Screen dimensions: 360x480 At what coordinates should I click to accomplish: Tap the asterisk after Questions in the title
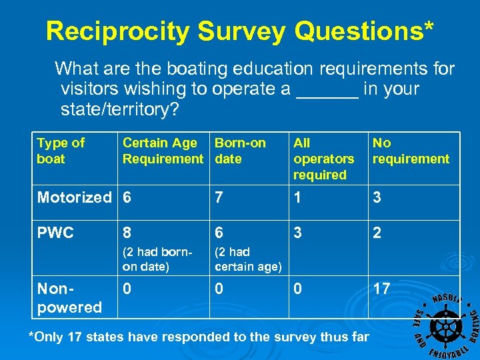pos(427,27)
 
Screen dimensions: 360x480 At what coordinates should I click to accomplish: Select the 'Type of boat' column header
pos(61,151)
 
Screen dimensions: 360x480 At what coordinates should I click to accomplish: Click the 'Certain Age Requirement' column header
pos(163,151)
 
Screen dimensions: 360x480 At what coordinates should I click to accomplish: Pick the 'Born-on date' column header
pos(240,151)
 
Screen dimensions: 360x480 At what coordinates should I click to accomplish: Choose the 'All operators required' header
pos(323,159)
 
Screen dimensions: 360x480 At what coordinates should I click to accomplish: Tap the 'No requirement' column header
pos(411,151)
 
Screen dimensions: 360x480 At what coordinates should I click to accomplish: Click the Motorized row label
pos(74,197)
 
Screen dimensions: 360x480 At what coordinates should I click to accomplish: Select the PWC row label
pos(55,233)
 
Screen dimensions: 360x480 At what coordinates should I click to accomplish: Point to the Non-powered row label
pos(69,298)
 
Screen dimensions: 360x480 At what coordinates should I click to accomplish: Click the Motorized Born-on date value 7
pos(219,197)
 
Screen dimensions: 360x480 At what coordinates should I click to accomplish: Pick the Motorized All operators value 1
pos(297,197)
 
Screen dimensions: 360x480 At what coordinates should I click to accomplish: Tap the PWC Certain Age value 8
pos(127,233)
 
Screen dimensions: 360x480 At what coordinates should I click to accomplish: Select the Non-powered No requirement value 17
pos(381,289)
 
